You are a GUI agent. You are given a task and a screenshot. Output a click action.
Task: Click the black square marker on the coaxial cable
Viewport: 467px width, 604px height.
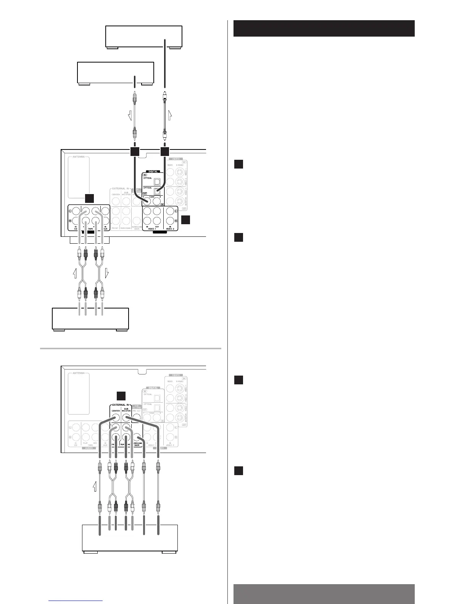[x=134, y=152]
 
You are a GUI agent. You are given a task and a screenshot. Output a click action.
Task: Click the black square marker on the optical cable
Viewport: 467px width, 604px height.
[x=164, y=152]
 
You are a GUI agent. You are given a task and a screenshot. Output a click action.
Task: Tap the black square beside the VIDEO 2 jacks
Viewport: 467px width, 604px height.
[x=185, y=220]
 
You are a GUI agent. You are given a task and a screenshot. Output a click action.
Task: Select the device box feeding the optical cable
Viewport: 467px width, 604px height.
[x=144, y=37]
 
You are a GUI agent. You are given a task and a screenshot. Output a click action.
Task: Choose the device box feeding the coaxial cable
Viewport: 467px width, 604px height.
[x=116, y=72]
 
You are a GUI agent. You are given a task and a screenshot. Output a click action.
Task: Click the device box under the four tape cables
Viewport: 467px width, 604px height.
[x=90, y=319]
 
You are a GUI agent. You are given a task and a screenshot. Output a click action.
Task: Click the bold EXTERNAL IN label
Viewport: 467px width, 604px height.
[x=121, y=405]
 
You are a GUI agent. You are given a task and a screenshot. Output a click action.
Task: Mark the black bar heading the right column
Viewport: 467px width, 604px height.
[x=324, y=29]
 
